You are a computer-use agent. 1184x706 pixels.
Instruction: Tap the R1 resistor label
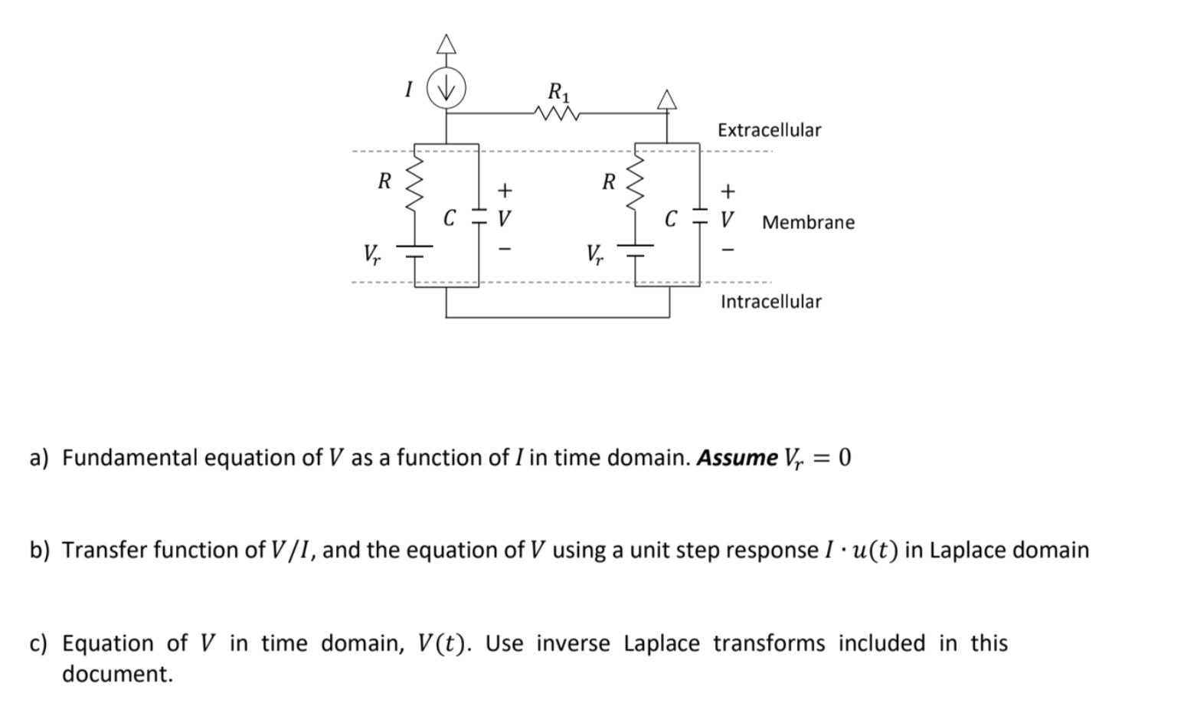click(x=559, y=93)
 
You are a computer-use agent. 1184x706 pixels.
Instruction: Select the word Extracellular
click(x=769, y=130)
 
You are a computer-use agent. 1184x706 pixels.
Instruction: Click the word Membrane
click(x=808, y=223)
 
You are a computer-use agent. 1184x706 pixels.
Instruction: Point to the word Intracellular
click(x=770, y=302)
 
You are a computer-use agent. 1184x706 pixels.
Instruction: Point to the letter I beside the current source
click(x=408, y=90)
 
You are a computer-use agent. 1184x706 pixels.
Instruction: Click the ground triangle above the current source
click(x=446, y=44)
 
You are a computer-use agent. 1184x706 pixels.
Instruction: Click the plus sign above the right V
click(x=728, y=190)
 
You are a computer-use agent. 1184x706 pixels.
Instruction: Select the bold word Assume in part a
click(x=737, y=458)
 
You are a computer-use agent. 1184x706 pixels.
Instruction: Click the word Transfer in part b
click(x=104, y=551)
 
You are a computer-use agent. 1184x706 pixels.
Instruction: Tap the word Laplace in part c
click(x=661, y=643)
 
